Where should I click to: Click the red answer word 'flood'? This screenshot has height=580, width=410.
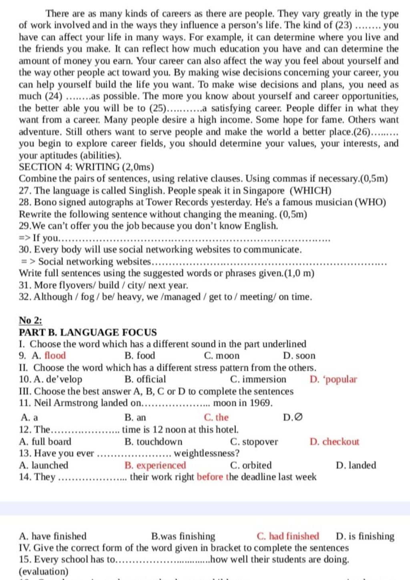coord(55,356)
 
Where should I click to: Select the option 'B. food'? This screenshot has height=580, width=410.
coord(140,356)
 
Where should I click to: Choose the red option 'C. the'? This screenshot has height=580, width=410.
coord(216,418)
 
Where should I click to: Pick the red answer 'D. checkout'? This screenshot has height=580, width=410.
coord(334,442)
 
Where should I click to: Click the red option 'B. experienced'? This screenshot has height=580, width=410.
coord(155,465)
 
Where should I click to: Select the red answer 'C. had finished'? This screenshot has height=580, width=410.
coord(288,536)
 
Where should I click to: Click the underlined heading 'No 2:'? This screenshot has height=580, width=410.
coord(31,320)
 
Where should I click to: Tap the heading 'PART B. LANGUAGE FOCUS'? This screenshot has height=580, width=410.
coord(88,332)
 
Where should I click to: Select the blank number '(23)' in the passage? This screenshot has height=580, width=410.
coord(343,26)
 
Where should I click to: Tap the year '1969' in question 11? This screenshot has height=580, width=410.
coord(260,403)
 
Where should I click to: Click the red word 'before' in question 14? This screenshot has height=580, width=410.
coord(210,477)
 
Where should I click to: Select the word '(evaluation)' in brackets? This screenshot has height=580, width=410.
coord(44,571)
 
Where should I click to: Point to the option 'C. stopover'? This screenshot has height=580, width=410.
coord(254,442)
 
